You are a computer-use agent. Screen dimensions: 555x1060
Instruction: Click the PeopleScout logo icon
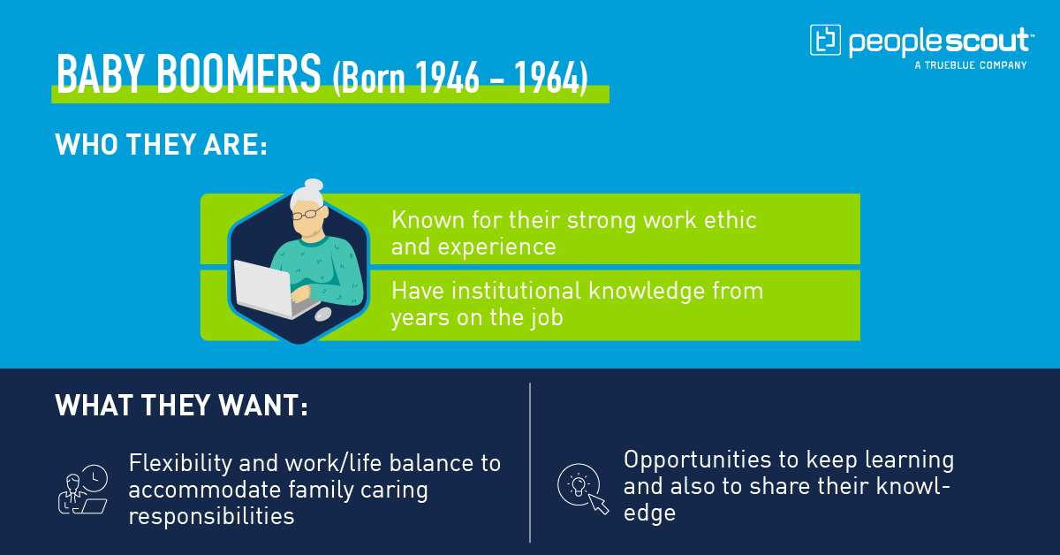point(825,40)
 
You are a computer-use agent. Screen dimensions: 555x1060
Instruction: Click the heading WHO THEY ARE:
point(161,144)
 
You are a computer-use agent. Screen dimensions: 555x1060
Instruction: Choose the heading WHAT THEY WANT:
point(181,406)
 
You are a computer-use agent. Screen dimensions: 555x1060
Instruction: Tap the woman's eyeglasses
point(308,214)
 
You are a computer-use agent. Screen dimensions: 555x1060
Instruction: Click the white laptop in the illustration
point(265,288)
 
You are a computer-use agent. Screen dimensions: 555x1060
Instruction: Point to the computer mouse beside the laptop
point(323,314)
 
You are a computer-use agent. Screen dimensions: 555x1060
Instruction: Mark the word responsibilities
point(211,516)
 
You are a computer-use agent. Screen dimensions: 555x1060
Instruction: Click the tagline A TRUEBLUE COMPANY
point(971,65)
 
